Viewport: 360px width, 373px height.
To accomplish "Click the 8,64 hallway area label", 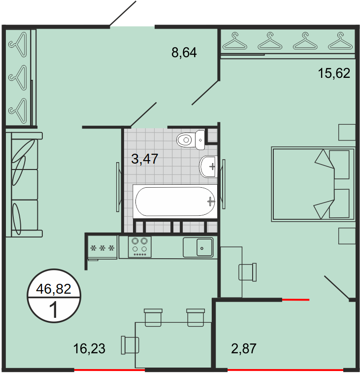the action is [184, 53].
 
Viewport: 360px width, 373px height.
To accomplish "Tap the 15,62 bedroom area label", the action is [334, 73].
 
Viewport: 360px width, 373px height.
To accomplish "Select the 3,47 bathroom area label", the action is [145, 159].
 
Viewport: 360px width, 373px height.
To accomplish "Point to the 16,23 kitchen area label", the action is [89, 348].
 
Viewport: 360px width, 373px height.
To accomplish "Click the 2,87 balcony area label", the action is [244, 348].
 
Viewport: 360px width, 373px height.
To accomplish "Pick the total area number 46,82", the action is [54, 289].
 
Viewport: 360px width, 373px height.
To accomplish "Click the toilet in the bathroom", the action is [191, 140].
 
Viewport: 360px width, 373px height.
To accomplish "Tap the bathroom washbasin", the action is [208, 167].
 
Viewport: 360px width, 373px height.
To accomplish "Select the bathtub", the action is [175, 201].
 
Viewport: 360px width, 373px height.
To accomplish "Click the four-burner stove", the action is [139, 247].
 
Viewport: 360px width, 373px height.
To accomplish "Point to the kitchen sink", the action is [198, 247].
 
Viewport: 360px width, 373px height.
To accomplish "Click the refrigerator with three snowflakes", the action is [102, 247].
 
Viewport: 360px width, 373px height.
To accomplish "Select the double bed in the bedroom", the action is [313, 184].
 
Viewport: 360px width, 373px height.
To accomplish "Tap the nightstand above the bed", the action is [347, 132].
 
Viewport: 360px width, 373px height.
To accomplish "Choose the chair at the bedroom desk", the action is [248, 272].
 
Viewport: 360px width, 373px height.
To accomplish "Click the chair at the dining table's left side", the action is [130, 345].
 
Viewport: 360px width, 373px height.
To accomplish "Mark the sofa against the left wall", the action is [24, 185].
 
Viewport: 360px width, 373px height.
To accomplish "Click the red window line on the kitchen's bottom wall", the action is [110, 370].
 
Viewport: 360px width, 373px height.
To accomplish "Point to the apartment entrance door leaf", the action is [123, 13].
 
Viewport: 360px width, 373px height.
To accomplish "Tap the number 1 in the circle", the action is [54, 310].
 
